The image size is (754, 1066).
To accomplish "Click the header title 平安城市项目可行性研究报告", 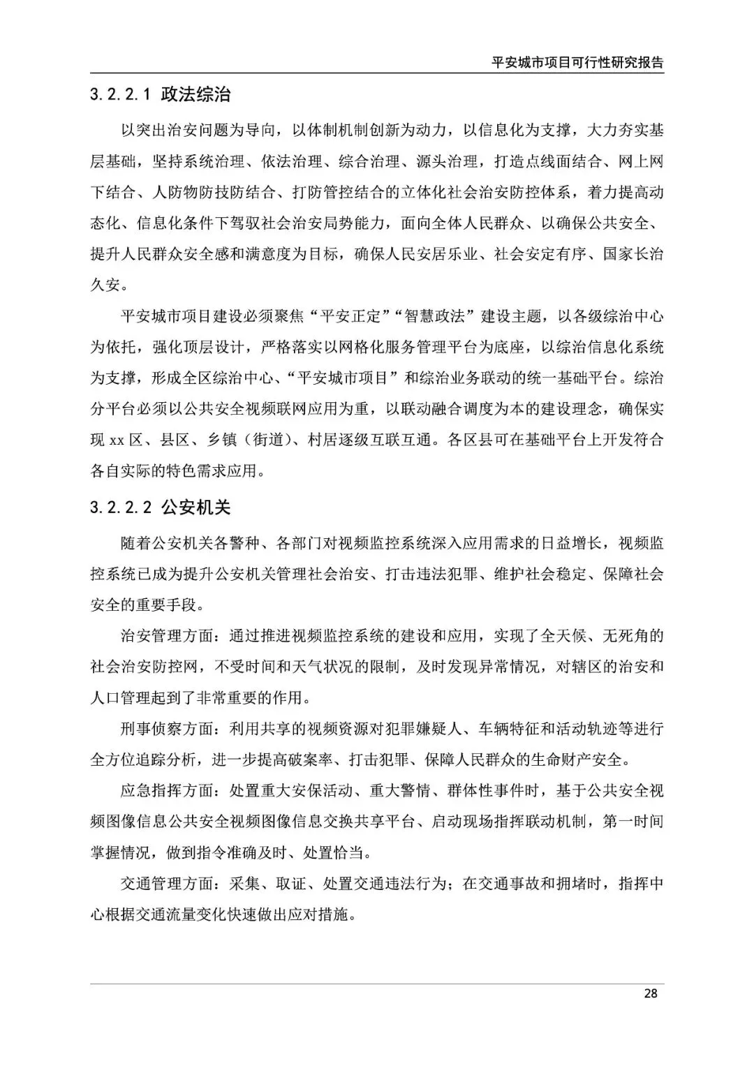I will (577, 62).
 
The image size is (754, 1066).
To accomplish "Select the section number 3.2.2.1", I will (121, 95).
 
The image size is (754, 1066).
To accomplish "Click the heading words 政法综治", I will (195, 95).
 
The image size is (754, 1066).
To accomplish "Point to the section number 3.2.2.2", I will (121, 508).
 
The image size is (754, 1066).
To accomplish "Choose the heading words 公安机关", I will (195, 508).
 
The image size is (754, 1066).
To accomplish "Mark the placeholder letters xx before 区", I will (117, 441).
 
